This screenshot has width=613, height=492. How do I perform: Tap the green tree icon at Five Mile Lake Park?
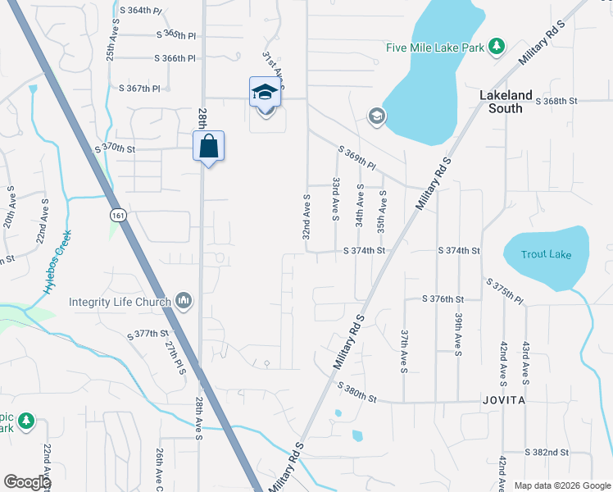496,46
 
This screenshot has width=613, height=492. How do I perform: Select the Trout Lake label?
546,254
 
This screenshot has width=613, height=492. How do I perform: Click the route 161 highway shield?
119,215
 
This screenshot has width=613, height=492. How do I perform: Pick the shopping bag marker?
209,147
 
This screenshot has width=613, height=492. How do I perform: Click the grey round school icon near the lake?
376,116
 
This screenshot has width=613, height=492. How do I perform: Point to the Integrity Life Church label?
120,302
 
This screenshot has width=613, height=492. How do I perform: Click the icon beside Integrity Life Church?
184,302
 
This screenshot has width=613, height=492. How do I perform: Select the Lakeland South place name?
506,102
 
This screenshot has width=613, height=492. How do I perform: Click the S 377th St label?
148,334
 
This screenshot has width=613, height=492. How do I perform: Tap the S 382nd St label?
547,452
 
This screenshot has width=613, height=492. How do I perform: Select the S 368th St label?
556,101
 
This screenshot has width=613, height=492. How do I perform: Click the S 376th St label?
443,299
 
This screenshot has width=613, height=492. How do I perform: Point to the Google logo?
26,482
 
